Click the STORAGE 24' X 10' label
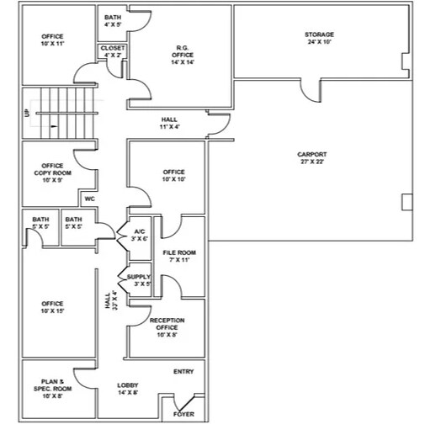point(319,38)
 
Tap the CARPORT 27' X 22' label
point(312,157)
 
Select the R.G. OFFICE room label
point(181,54)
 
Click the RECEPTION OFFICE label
point(167,327)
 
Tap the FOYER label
point(183,414)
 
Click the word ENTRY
point(183,372)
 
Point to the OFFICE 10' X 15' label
point(52,307)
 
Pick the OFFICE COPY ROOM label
point(52,172)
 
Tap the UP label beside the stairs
point(28,113)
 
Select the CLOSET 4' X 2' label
point(113,52)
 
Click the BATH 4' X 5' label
point(113,20)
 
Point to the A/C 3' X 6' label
point(140,235)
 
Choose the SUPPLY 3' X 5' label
point(140,280)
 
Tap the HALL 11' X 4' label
point(168,124)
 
